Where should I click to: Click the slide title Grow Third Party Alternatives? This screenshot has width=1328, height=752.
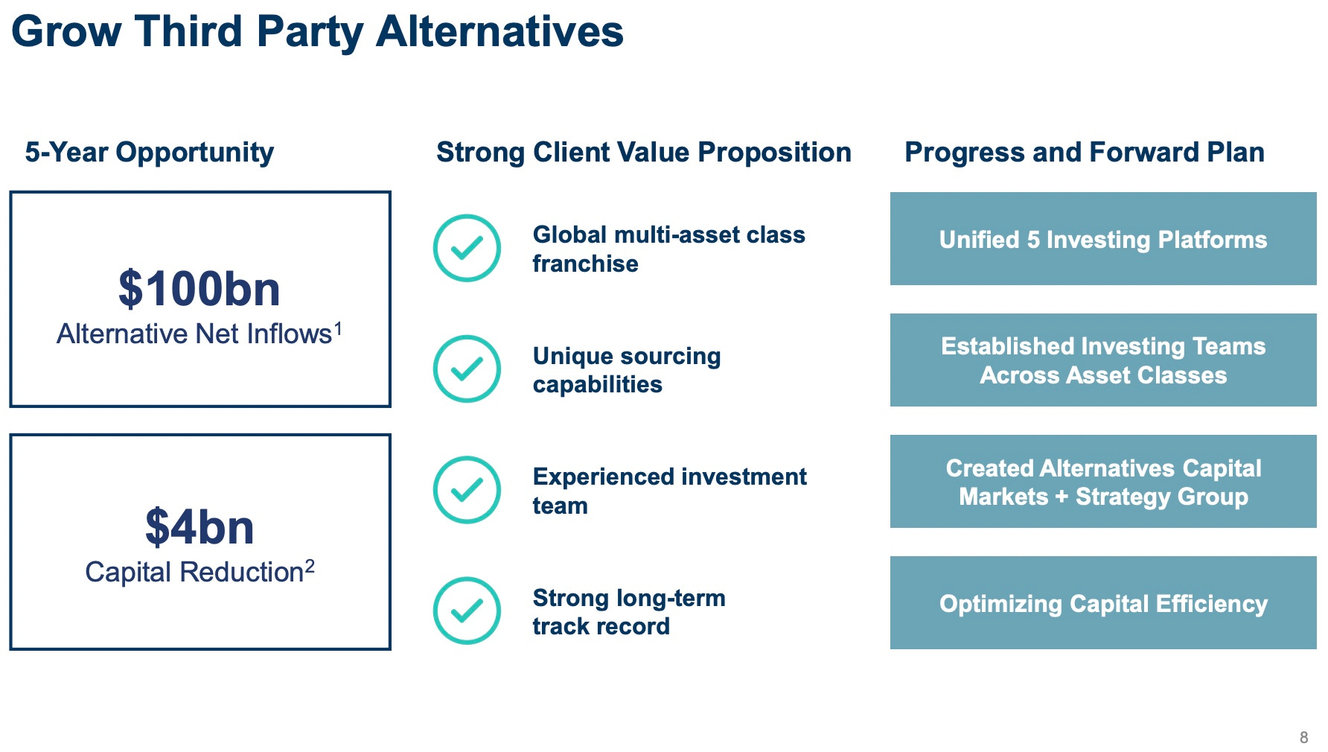click(318, 33)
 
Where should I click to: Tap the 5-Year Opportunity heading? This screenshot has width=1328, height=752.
click(150, 153)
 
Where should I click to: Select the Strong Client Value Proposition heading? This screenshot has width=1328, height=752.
click(644, 153)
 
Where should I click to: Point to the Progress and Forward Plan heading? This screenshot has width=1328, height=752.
click(1085, 153)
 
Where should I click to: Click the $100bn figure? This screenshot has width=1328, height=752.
click(199, 289)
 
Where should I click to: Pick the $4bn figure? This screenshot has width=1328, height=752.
click(199, 527)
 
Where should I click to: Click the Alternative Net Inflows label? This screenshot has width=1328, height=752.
click(194, 334)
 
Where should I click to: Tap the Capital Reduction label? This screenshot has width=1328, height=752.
click(194, 573)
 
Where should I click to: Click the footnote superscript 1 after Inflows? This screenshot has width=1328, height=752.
click(338, 328)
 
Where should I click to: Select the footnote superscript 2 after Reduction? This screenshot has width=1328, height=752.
click(310, 567)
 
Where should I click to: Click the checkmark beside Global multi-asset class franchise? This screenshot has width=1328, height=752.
click(467, 248)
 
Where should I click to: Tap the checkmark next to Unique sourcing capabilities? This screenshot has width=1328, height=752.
click(467, 369)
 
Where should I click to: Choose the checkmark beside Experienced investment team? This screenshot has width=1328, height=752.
click(467, 490)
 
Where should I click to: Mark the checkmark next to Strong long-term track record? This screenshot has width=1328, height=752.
click(467, 611)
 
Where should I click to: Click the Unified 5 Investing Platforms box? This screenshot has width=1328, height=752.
click(1103, 239)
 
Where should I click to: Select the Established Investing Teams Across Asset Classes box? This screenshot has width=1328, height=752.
click(1103, 360)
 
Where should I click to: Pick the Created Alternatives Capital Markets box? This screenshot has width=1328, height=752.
click(1103, 482)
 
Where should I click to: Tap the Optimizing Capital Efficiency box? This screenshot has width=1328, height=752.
click(1103, 603)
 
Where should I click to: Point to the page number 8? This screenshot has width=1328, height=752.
click(1303, 737)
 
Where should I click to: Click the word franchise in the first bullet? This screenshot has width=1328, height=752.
click(585, 264)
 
